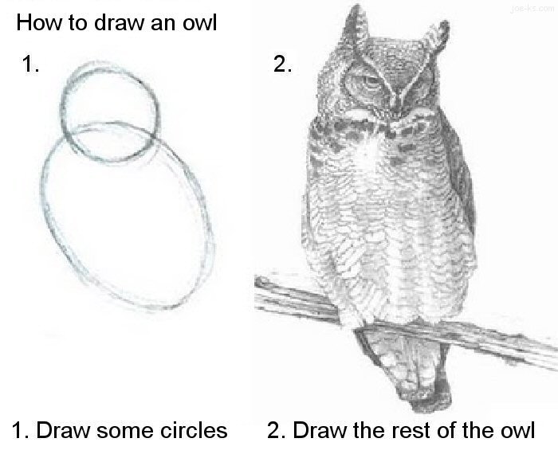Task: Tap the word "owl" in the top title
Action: pos(198,22)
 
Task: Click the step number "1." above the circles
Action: pos(30,65)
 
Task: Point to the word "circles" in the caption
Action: pos(195,431)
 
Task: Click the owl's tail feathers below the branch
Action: pos(403,374)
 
